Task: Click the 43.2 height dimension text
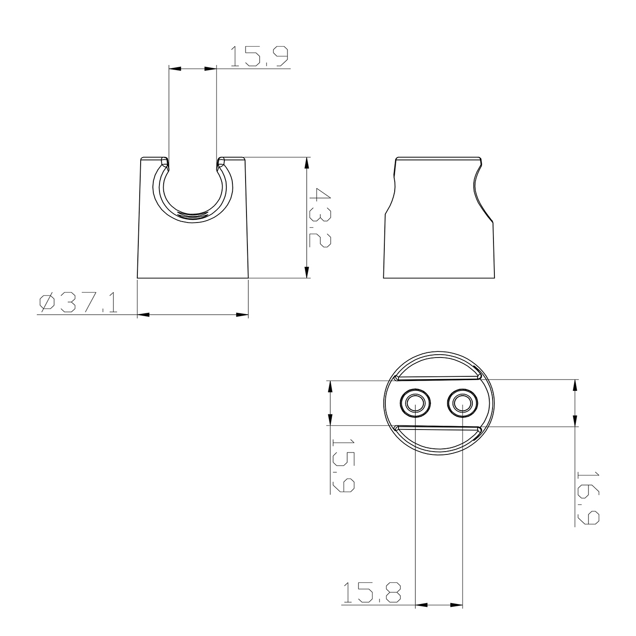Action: coord(319,217)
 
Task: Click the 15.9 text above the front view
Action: coord(259,56)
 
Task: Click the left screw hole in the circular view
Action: coord(415,403)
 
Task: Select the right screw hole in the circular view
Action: coord(462,403)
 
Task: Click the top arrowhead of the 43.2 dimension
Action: coord(307,163)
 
